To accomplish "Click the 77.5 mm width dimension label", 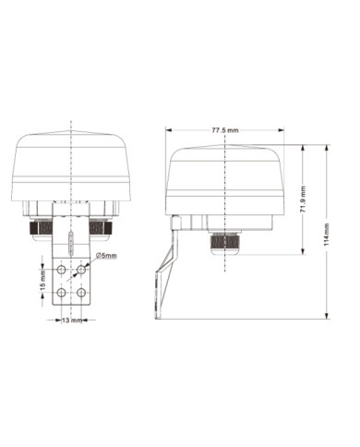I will pyautogui.click(x=225, y=128).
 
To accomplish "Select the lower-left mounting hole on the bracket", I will pyautogui.click(x=62, y=292).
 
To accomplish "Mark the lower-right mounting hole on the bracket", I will pyautogui.click(x=81, y=292).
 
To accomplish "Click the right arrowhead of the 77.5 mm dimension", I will pyautogui.click(x=282, y=136).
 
